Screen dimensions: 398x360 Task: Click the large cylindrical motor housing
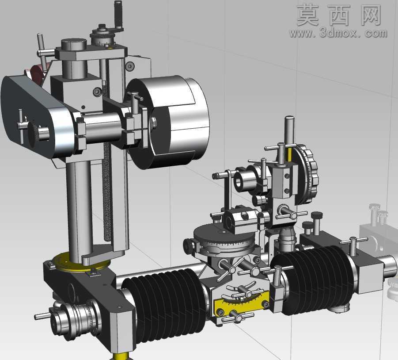169,122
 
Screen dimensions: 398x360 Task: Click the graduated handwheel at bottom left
76,319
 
